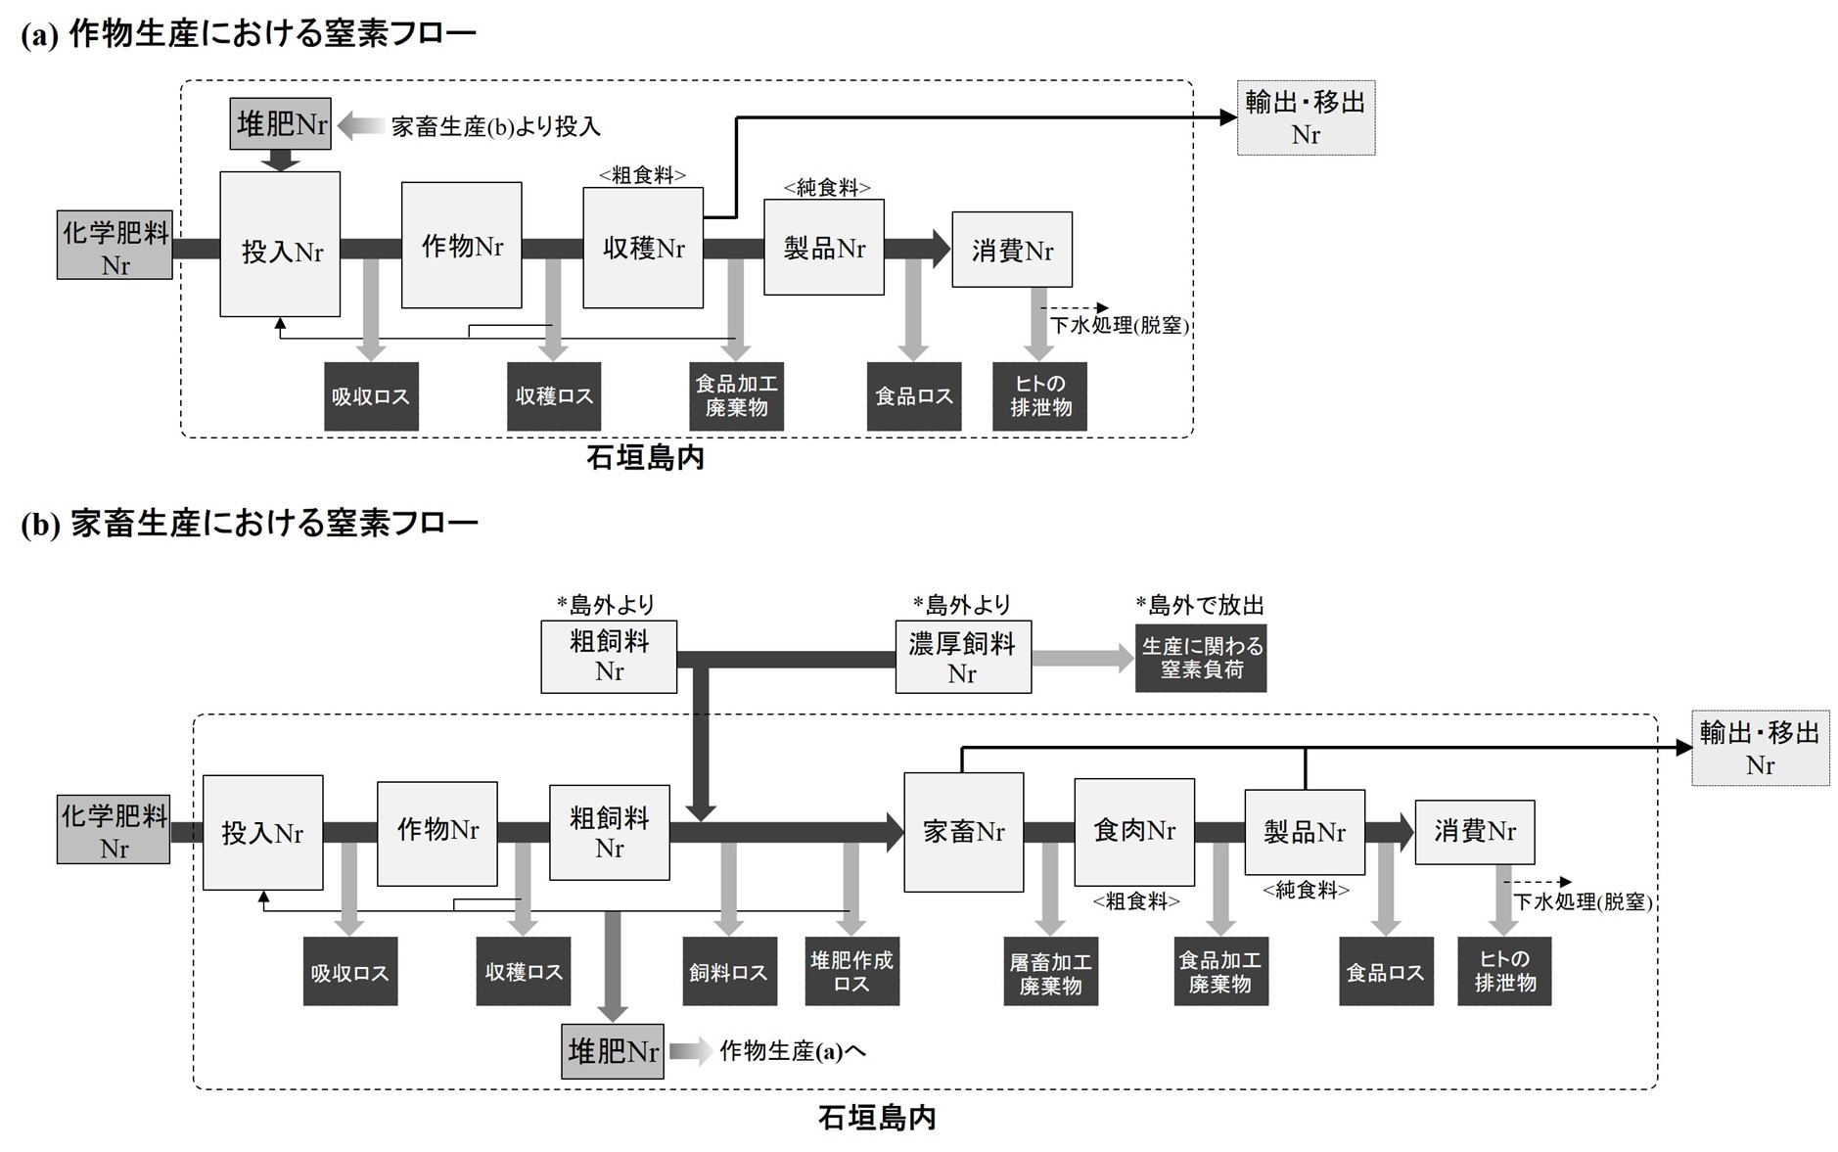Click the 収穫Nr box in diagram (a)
642,248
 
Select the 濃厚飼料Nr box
962,658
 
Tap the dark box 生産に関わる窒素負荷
1201,658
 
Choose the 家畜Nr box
963,832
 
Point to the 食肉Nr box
1133,832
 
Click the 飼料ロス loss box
728,972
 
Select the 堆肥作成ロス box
851,972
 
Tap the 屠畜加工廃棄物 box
1050,972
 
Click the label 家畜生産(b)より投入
495,126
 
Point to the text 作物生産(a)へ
793,1051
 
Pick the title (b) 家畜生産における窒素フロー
250,524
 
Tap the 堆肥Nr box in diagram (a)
281,124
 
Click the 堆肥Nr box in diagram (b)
613,1051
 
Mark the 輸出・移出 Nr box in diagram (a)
1306,117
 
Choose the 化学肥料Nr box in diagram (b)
114,830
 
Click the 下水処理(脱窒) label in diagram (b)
1583,901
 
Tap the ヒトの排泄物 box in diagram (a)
1039,396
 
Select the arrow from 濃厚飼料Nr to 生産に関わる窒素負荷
1081,658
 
